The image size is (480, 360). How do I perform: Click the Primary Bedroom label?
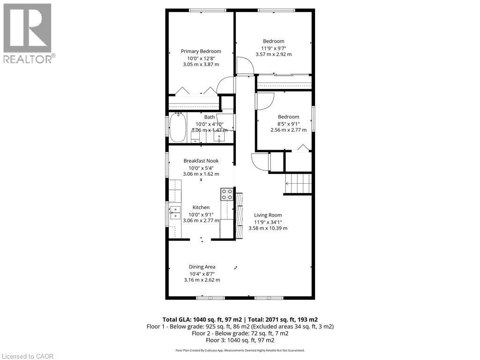point(201,52)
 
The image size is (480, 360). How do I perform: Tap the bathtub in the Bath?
point(178,128)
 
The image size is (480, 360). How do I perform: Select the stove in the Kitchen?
point(227,194)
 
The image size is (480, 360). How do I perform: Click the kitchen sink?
point(175,212)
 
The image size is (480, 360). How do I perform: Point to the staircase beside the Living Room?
point(298,183)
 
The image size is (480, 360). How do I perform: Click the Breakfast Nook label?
point(201,161)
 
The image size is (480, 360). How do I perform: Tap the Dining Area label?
point(202,267)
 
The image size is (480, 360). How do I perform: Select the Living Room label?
point(268,215)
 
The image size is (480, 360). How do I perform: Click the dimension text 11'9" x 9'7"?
point(274,48)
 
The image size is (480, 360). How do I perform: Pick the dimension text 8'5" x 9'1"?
point(289,124)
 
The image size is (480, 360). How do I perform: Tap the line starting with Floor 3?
point(240,340)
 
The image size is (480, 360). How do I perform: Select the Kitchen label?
point(201,208)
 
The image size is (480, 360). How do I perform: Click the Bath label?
point(210,117)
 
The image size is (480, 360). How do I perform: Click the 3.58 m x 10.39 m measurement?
point(268,228)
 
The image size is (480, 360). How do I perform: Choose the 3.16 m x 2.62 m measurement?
point(202,280)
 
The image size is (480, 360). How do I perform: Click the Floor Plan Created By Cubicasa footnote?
point(240,350)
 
